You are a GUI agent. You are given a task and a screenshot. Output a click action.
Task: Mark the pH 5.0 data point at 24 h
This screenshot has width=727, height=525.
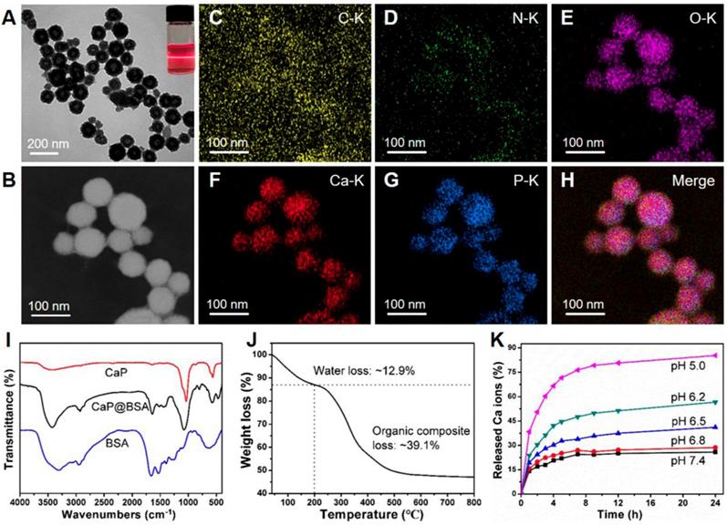pyautogui.click(x=714, y=355)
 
